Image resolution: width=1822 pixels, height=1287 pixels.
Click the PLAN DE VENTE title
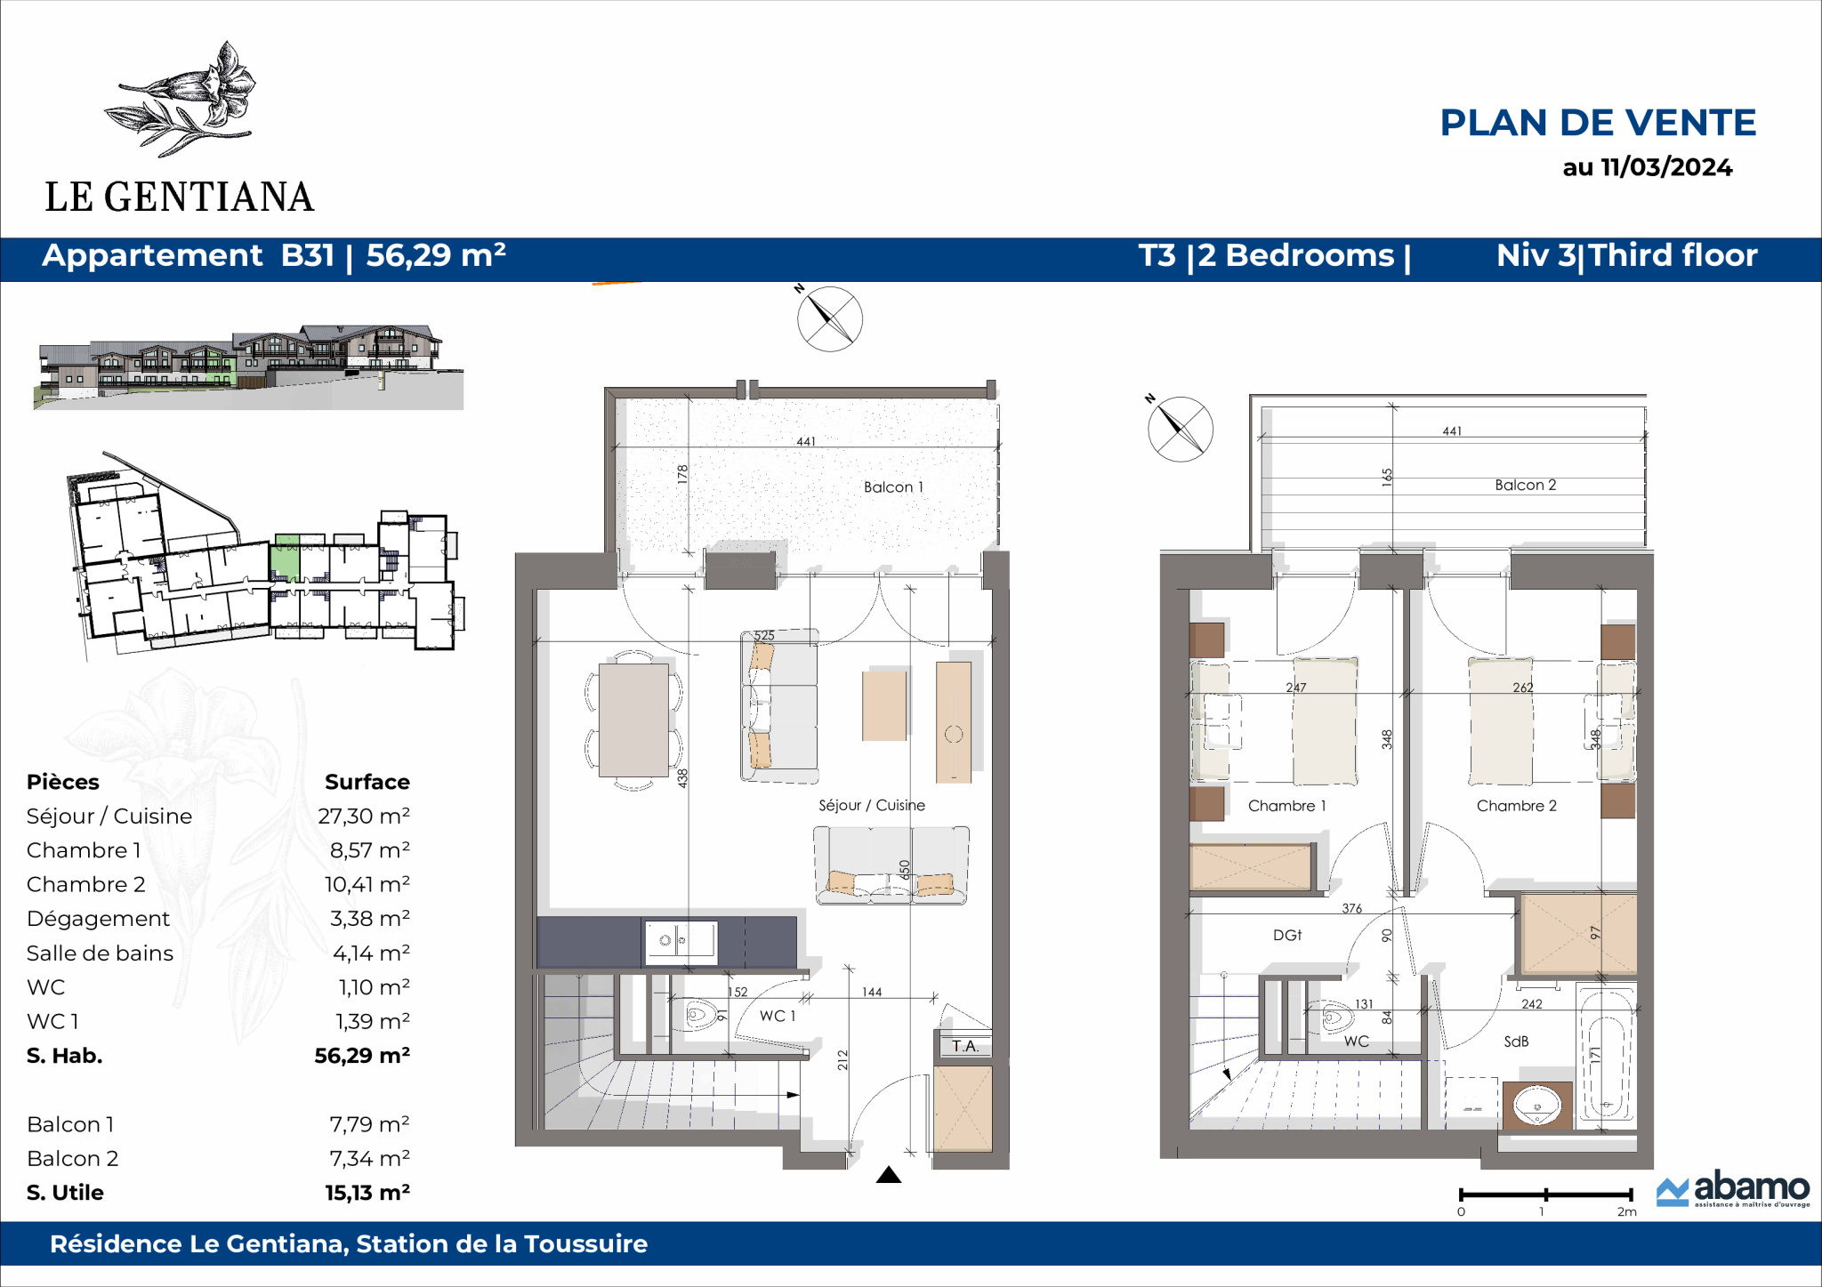[1598, 123]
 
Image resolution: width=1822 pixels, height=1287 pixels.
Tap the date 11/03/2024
[1666, 167]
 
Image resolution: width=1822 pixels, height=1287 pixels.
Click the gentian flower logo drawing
[181, 99]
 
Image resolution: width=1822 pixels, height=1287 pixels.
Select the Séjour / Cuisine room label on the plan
[872, 805]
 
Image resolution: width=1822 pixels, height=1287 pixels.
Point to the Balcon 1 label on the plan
[893, 487]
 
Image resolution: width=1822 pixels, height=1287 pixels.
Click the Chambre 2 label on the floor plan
[1517, 806]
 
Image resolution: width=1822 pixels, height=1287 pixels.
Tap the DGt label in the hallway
[1287, 935]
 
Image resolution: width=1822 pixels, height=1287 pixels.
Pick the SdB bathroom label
[1516, 1041]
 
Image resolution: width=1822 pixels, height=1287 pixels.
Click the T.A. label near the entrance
[965, 1046]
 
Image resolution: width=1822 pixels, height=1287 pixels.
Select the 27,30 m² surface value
[364, 816]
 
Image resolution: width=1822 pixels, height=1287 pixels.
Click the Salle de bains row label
[100, 953]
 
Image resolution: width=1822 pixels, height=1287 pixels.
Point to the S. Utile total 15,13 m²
[367, 1193]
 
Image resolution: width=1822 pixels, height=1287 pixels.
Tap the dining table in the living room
[633, 720]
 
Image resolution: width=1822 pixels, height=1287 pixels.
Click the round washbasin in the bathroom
[1537, 1106]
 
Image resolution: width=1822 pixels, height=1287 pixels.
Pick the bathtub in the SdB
[1606, 1055]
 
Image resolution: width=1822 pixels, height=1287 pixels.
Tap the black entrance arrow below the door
[889, 1175]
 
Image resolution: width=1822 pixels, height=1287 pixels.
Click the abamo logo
[1733, 1189]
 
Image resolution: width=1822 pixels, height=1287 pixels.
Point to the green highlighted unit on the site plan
[286, 558]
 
